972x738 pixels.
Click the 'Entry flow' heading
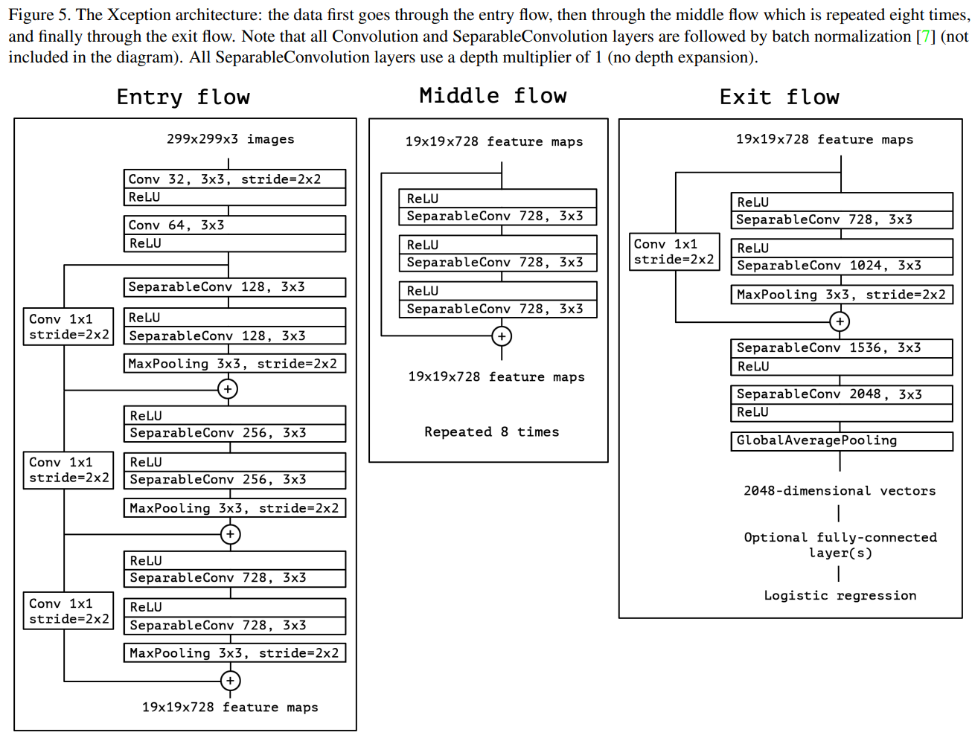pyautogui.click(x=183, y=97)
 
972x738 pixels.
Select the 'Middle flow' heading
pyautogui.click(x=493, y=96)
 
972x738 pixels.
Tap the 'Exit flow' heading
pyautogui.click(x=779, y=97)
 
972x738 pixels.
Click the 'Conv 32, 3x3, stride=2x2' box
pyautogui.click(x=234, y=179)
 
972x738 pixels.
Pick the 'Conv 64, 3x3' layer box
pyautogui.click(x=234, y=225)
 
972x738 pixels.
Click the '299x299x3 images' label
pyautogui.click(x=230, y=139)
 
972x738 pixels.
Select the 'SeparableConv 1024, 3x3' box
pyautogui.click(x=841, y=266)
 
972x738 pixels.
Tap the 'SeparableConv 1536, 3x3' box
pyautogui.click(x=841, y=348)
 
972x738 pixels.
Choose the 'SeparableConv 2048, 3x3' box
pyautogui.click(x=841, y=394)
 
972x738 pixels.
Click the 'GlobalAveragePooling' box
pyautogui.click(x=841, y=441)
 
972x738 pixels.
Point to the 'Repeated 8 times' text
pyautogui.click(x=491, y=432)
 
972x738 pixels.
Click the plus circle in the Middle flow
pyautogui.click(x=502, y=336)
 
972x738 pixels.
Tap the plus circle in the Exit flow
pyautogui.click(x=840, y=321)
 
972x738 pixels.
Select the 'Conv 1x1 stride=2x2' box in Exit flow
pyautogui.click(x=674, y=251)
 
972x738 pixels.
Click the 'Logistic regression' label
pyautogui.click(x=840, y=596)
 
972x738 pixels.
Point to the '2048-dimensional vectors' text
pyautogui.click(x=840, y=491)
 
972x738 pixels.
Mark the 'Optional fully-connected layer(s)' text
pyautogui.click(x=840, y=545)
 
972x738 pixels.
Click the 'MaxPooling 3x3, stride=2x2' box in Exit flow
pyautogui.click(x=841, y=295)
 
